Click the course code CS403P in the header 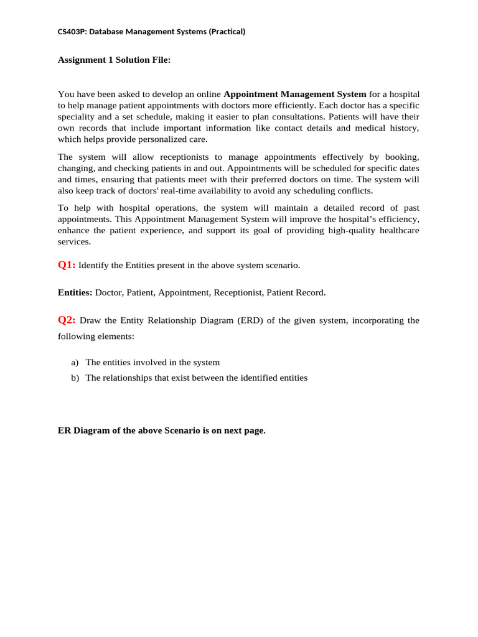click(72, 32)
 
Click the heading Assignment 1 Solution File click(114, 60)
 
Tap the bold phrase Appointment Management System click(295, 94)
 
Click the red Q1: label click(67, 265)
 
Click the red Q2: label click(67, 320)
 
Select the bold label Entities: click(75, 292)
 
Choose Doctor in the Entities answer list click(108, 292)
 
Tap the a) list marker click(75, 362)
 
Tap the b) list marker click(75, 378)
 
